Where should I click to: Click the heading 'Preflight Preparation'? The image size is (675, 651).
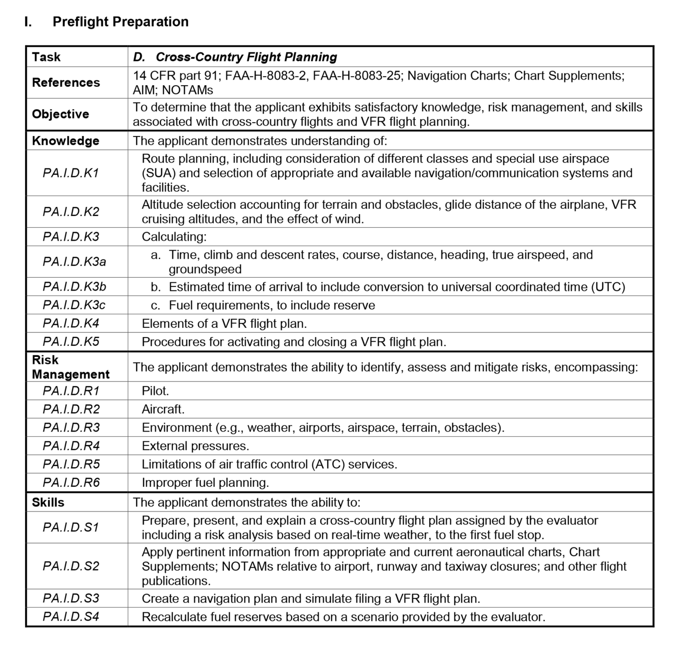coord(120,22)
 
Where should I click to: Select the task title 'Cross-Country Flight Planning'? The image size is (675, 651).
coord(246,57)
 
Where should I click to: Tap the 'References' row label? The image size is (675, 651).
coord(66,82)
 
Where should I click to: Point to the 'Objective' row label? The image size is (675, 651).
coord(60,114)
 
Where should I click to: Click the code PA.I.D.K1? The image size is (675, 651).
coord(71,173)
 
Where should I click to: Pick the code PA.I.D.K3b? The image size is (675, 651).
coord(74,287)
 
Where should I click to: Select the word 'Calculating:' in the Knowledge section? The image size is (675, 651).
coord(174,237)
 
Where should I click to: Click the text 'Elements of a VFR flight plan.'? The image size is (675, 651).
coord(224,324)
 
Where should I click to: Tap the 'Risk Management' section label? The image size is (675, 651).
coord(71,367)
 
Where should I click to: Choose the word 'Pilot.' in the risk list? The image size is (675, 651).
coord(155,391)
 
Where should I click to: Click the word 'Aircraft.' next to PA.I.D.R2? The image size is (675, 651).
coord(163,409)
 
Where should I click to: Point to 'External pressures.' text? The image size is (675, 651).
coord(195,446)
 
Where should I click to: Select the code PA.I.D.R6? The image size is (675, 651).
coord(71,483)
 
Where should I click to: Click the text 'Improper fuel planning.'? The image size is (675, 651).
coord(205,483)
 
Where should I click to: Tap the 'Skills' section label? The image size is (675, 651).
coord(48,502)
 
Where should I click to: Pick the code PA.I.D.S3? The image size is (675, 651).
coord(71,598)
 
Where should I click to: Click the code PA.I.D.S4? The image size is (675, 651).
coord(71,617)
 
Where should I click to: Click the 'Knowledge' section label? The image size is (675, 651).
coord(65,141)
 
